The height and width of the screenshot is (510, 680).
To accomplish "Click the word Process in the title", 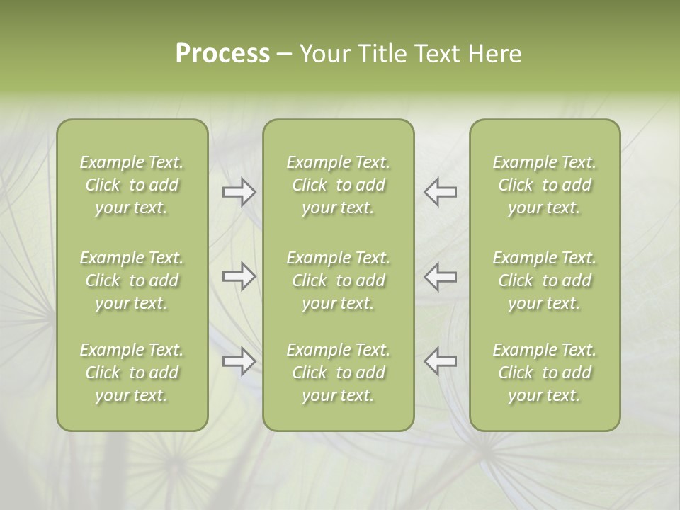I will tap(222, 54).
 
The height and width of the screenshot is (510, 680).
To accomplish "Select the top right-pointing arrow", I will tap(239, 192).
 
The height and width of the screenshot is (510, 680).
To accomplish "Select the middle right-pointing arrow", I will tap(239, 276).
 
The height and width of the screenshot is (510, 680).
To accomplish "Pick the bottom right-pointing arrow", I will tap(239, 361).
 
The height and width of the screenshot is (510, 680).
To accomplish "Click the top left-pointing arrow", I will tap(440, 192).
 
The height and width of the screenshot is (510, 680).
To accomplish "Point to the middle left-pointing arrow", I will tap(440, 276).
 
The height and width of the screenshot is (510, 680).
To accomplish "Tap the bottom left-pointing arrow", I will tap(440, 361).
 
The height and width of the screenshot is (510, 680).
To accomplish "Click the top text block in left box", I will tap(132, 185).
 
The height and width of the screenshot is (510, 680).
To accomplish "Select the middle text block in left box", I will tap(132, 280).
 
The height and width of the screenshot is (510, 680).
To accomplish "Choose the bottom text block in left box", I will tap(132, 373).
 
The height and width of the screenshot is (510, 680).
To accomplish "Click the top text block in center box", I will tap(338, 185).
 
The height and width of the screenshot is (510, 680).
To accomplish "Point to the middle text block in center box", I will tap(338, 280).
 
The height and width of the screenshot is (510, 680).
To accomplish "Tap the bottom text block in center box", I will tap(338, 373).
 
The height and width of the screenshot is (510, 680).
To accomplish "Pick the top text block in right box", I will tap(544, 185).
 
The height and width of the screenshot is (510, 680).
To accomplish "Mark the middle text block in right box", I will tap(544, 280).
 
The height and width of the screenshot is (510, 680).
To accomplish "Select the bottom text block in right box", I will tap(544, 373).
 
